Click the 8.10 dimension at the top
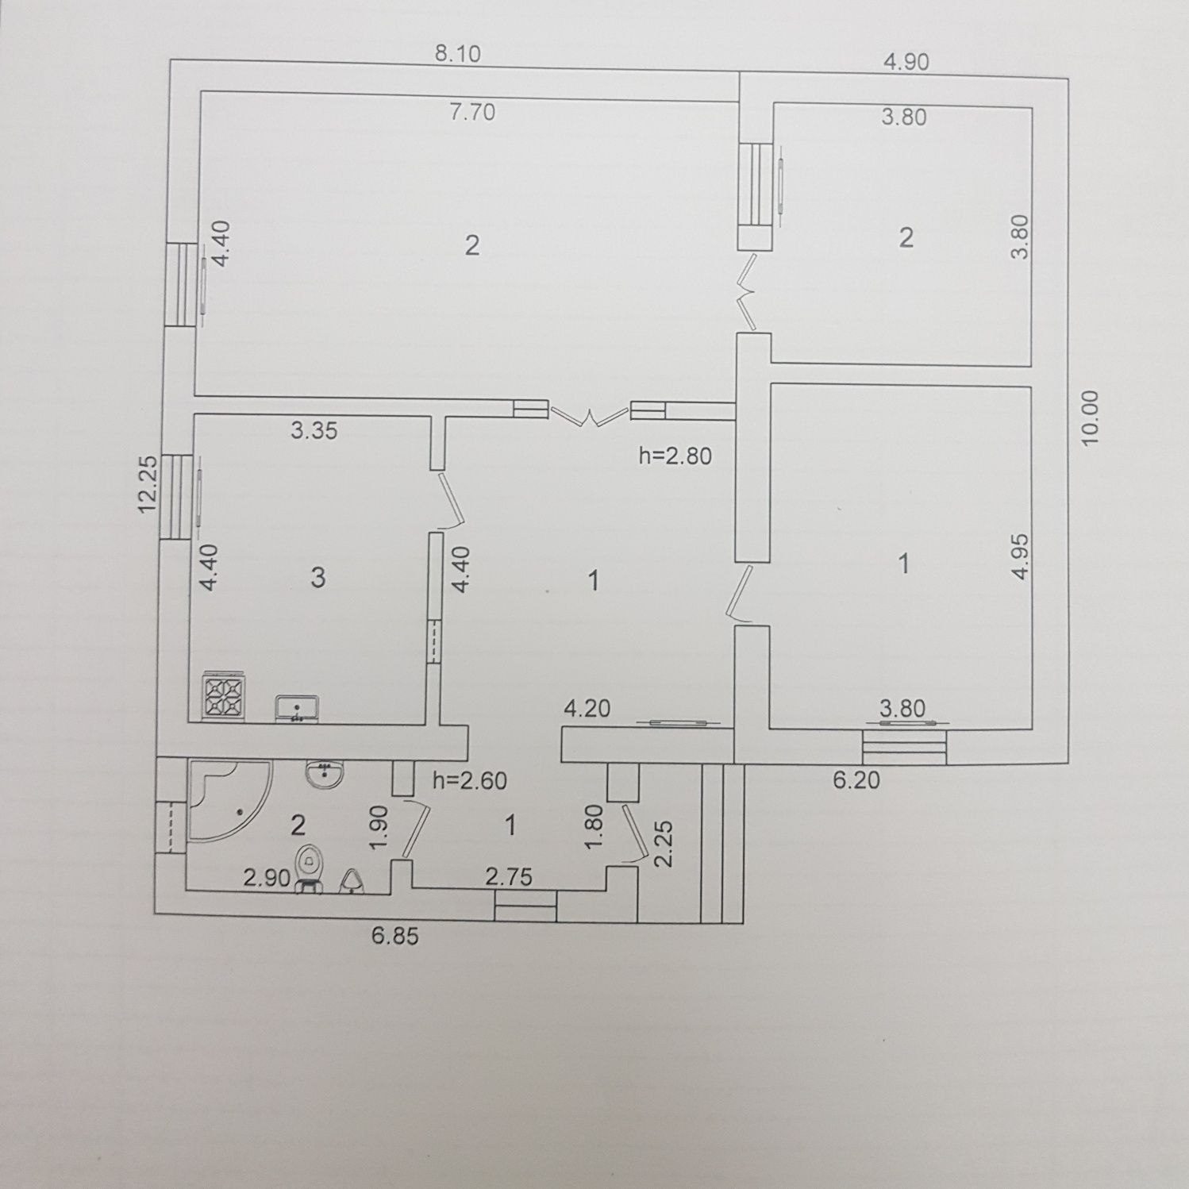459,54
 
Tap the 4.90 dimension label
906,61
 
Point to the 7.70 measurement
472,112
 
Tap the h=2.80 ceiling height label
675,456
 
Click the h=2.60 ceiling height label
470,780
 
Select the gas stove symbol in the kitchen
225,696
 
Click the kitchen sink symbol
297,708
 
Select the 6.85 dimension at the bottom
394,937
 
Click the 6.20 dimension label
856,780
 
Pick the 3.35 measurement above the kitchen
314,431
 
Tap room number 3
317,577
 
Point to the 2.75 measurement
509,877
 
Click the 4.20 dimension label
587,708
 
